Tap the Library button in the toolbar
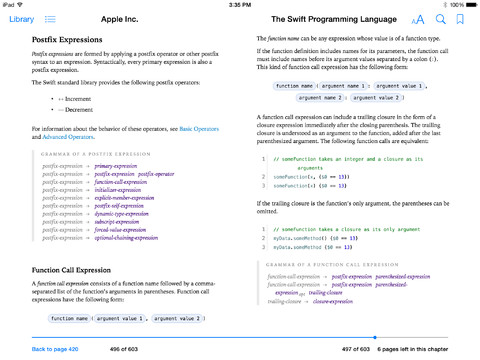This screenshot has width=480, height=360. pyautogui.click(x=19, y=19)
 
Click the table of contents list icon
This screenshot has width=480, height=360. pyautogui.click(x=50, y=19)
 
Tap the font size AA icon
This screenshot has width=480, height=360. pyautogui.click(x=418, y=19)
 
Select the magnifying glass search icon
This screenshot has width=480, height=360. pyautogui.click(x=441, y=19)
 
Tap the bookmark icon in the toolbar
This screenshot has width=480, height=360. pyautogui.click(x=460, y=19)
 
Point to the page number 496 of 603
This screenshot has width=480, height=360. pyautogui.click(x=125, y=349)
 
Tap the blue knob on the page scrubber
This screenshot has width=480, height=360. pyautogui.click(x=375, y=337)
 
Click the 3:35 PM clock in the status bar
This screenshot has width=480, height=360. pyautogui.click(x=240, y=4)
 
